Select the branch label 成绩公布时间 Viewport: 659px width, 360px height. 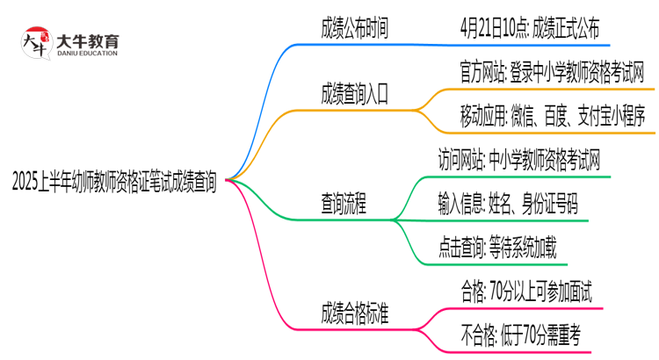[354, 30]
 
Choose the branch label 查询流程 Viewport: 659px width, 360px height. [344, 204]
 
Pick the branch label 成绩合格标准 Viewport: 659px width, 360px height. [354, 313]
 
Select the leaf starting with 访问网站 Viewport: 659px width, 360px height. [520, 160]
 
